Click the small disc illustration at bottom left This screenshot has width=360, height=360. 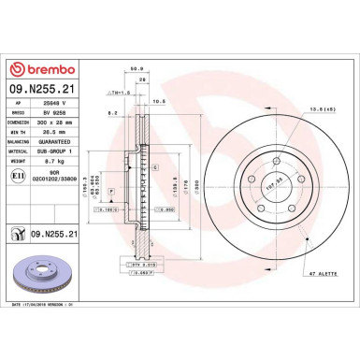pyautogui.click(x=47, y=278)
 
